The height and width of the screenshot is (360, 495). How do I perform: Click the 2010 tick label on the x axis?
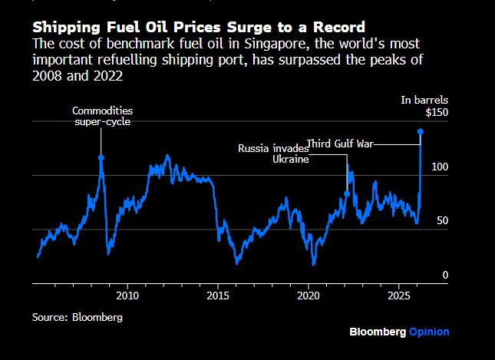(x=127, y=296)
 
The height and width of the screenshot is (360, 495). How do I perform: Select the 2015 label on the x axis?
(x=218, y=296)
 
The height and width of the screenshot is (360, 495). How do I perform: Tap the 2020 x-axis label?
(x=309, y=296)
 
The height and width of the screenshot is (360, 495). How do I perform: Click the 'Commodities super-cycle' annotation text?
(x=102, y=117)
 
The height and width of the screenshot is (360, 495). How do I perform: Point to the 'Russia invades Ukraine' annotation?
(x=273, y=154)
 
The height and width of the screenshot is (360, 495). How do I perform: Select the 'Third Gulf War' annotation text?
(x=340, y=143)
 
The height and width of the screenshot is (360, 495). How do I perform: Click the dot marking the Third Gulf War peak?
(x=421, y=132)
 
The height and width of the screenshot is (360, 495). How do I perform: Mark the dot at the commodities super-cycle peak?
(x=101, y=158)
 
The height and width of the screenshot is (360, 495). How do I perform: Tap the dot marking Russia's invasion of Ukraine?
(x=347, y=193)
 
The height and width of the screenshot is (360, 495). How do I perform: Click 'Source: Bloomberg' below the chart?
(x=78, y=316)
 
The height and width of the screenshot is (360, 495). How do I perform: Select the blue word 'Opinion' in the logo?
(x=429, y=332)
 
